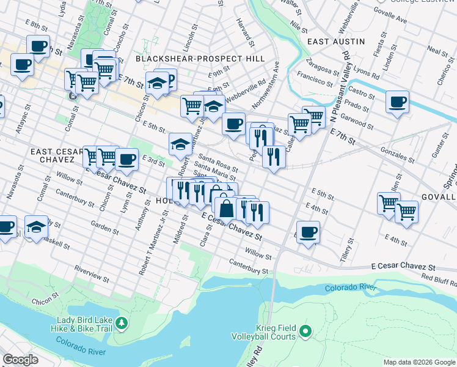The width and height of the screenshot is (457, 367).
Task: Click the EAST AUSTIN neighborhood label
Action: (335, 42)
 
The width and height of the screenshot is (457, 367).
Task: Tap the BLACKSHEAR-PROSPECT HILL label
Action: (200, 59)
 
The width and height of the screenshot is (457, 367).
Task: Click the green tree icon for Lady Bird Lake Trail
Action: (122, 322)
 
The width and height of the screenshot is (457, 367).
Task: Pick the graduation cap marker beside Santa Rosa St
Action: (180, 144)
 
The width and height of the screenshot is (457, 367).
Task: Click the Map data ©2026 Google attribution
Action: (419, 362)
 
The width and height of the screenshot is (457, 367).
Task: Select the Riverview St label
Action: (92, 274)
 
